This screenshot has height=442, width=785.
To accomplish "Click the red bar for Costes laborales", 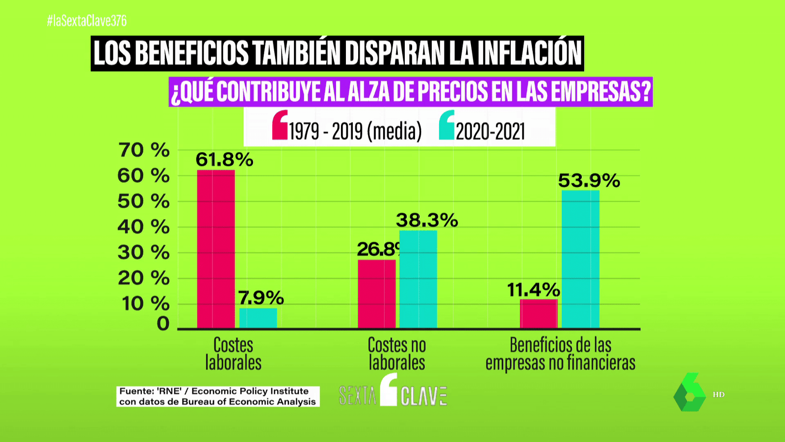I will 216,249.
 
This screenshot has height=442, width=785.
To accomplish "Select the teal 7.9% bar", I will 258,318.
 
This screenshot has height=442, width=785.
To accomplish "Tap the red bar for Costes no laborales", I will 377,294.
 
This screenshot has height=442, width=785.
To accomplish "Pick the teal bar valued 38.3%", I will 418,279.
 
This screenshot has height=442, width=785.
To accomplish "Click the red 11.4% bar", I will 539,313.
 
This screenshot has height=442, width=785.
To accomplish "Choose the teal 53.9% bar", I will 580,259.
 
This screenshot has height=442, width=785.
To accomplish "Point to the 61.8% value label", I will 224,160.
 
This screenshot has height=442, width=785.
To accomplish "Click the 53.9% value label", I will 589,181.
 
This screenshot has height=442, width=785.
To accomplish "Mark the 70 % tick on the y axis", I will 144,150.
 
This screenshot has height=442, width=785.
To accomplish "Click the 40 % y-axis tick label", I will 144,227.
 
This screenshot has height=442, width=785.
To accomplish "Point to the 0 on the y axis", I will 163,324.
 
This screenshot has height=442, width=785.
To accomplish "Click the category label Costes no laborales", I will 397,354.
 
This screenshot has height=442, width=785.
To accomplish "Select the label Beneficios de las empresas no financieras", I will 560,354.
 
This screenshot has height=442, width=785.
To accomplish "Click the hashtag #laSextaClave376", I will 87,21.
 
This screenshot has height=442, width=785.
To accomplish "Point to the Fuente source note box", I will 217,396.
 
